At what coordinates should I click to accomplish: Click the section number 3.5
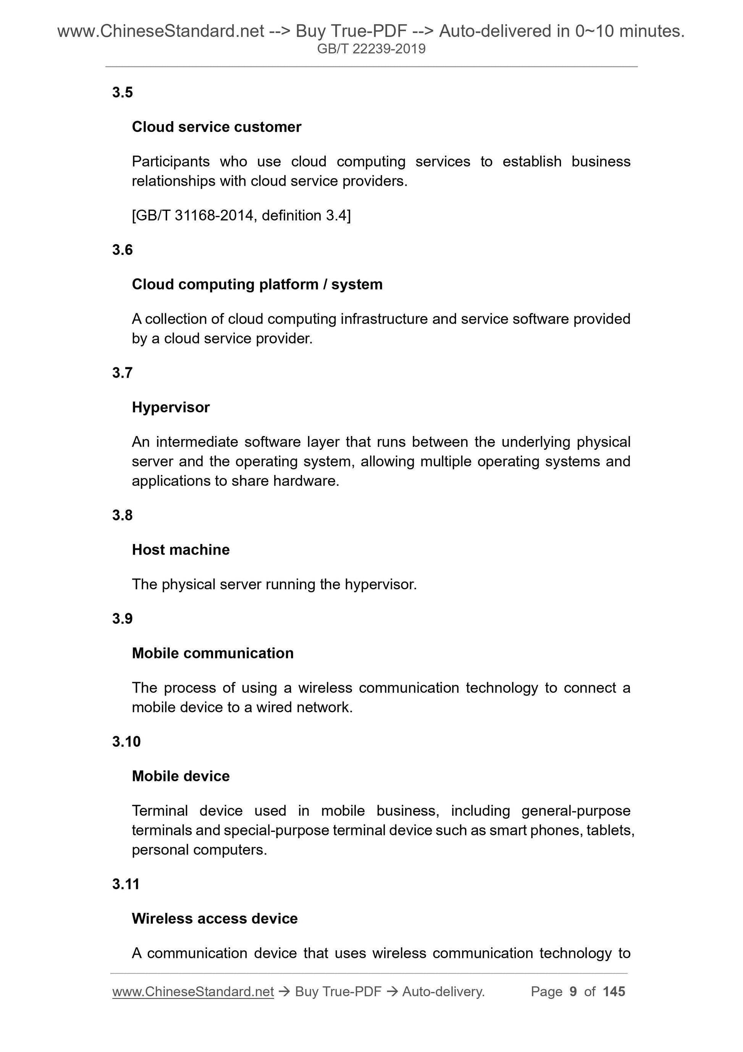pos(122,92)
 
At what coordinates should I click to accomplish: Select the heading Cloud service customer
pos(216,127)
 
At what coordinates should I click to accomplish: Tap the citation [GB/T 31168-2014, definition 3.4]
pos(241,216)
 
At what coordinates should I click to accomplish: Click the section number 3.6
pos(122,250)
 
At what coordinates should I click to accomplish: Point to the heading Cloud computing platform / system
pos(257,285)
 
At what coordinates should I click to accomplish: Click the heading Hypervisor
pos(170,407)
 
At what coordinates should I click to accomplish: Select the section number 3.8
pos(122,515)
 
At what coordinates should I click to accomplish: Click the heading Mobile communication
pos(212,653)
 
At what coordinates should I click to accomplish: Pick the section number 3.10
pos(126,742)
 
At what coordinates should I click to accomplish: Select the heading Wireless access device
pos(214,919)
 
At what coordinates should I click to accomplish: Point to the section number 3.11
pos(126,884)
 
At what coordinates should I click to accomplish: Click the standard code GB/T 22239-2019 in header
pos(371,49)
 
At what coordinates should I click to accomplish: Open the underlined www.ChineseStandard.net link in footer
pos(193,992)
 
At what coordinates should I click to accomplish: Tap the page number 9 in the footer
pos(573,992)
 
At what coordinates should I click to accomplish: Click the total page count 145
pos(614,992)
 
